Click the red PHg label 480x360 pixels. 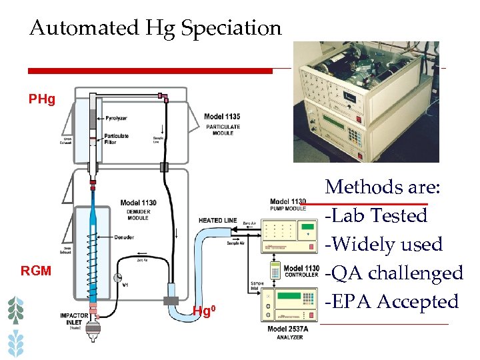point(42,100)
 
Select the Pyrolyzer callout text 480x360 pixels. point(116,118)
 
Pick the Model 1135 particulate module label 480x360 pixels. point(222,121)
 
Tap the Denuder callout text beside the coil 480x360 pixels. point(123,237)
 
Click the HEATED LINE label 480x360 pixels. point(217,221)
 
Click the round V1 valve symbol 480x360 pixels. point(118,277)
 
